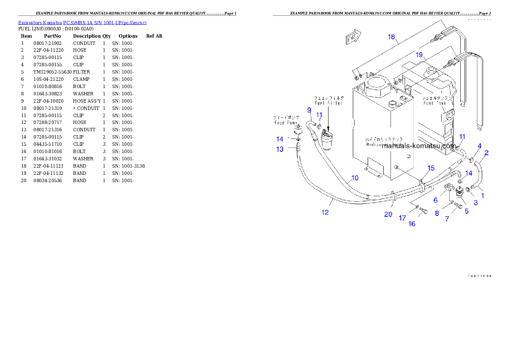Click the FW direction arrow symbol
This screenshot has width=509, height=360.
tap(353, 38)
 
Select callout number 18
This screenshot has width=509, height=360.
tap(391, 37)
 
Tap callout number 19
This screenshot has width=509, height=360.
tap(419, 55)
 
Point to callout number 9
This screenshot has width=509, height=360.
tap(309, 110)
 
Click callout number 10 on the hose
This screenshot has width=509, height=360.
tap(355, 178)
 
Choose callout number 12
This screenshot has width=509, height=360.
tap(325, 212)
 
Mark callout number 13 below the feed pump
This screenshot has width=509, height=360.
tap(280, 149)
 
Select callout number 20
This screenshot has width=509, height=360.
tap(388, 214)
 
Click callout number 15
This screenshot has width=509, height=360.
tap(431, 168)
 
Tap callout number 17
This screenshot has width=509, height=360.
tap(402, 218)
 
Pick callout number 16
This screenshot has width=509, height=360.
tap(411, 224)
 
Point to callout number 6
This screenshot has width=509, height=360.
tap(435, 200)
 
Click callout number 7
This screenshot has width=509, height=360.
tap(447, 219)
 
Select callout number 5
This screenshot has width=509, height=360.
tap(466, 211)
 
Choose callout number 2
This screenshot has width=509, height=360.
tap(487, 152)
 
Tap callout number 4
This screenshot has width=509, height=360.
tap(479, 146)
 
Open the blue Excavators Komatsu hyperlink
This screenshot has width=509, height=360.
tap(82, 23)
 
